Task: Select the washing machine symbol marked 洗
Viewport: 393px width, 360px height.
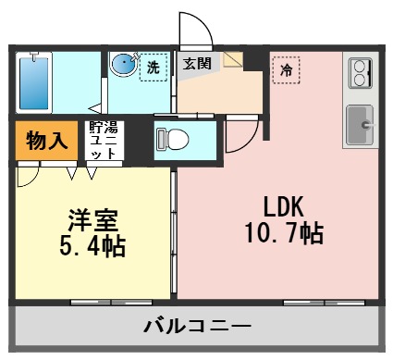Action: click(153, 67)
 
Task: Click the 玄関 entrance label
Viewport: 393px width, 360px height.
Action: click(195, 65)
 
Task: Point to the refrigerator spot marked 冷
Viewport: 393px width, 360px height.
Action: click(286, 69)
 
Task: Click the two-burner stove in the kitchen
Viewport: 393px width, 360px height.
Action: click(359, 72)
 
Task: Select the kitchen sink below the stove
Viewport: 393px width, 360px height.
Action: click(359, 123)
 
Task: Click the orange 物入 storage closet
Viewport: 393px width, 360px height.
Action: click(46, 141)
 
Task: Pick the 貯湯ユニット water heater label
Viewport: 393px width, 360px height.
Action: click(102, 141)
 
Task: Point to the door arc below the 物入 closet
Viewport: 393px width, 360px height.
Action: click(29, 172)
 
